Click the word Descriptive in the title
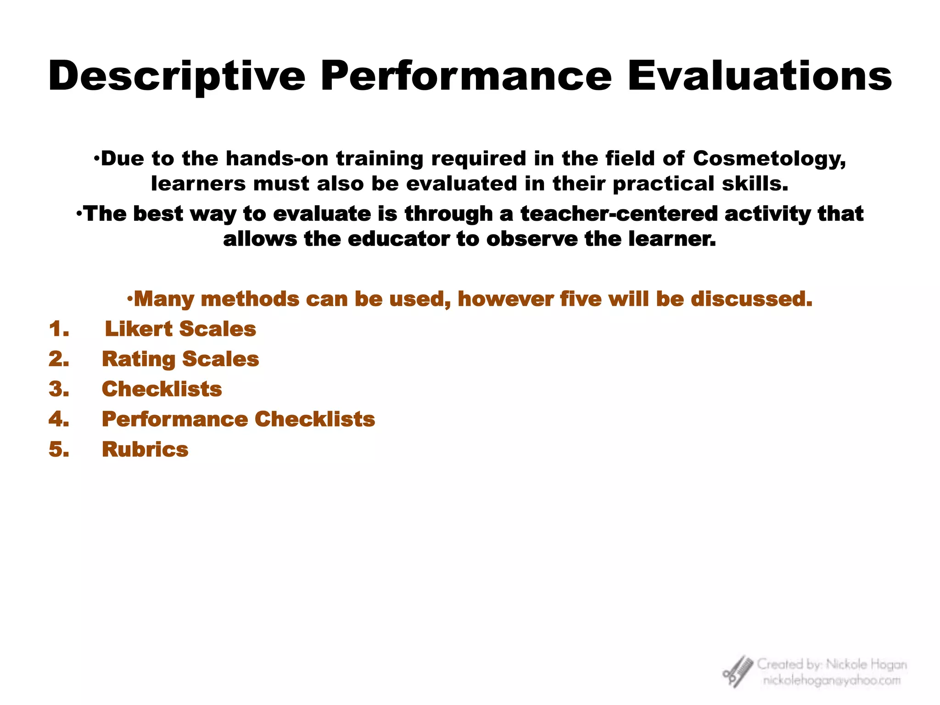[x=177, y=77]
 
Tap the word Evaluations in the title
[x=759, y=76]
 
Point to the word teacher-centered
[x=619, y=214]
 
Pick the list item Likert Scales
[x=180, y=329]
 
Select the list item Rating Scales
[x=180, y=359]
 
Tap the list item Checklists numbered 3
[x=162, y=389]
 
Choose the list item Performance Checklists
[x=238, y=419]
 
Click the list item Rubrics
[x=145, y=449]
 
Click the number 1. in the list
[x=59, y=329]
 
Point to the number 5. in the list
[x=59, y=449]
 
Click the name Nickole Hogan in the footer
[x=866, y=664]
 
